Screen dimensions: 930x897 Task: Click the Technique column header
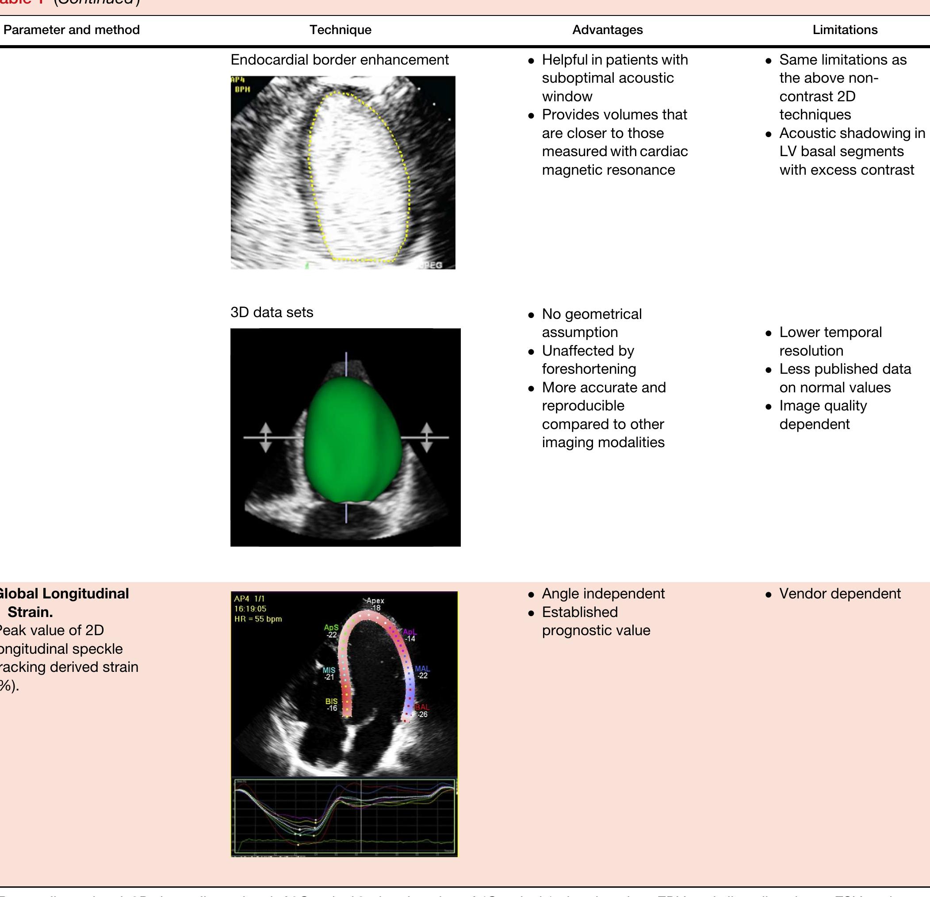(340, 30)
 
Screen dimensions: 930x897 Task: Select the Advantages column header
(607, 30)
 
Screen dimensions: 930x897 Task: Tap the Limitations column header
(845, 30)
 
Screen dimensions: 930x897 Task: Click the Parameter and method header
(71, 30)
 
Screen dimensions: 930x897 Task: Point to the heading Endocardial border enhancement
(339, 60)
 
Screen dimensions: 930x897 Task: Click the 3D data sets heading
(272, 312)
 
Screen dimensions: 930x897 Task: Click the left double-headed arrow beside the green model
(265, 437)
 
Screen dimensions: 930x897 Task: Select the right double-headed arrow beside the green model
(427, 437)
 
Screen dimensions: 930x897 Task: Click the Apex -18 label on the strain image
(375, 604)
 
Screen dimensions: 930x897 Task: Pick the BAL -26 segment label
(422, 710)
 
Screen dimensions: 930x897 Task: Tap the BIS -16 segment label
(332, 704)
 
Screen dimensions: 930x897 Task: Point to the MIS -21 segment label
(329, 674)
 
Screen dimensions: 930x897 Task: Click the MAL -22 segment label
(422, 672)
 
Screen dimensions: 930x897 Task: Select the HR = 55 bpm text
(258, 619)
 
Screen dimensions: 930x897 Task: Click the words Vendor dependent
(839, 594)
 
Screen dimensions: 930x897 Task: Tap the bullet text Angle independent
(603, 594)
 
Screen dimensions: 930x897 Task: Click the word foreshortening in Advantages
(589, 369)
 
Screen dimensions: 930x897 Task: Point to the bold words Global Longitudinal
(64, 594)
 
